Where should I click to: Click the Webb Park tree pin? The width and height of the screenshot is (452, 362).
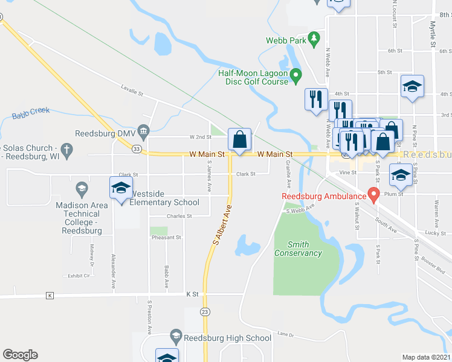coord(313,40)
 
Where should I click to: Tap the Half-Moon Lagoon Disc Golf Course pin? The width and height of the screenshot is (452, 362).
coord(295,76)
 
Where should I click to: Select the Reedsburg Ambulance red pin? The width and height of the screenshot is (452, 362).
coord(373,195)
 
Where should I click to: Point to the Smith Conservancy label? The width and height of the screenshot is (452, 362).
coord(298,249)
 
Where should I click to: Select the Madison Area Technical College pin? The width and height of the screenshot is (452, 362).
coord(82,189)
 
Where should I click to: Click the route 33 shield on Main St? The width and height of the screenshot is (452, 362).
coord(137,149)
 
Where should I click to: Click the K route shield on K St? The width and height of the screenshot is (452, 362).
coord(50,295)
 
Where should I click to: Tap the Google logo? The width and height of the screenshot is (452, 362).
coord(20,355)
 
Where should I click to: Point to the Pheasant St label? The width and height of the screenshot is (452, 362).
coord(166,238)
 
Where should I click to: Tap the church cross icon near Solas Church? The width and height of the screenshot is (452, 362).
coord(68,148)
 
